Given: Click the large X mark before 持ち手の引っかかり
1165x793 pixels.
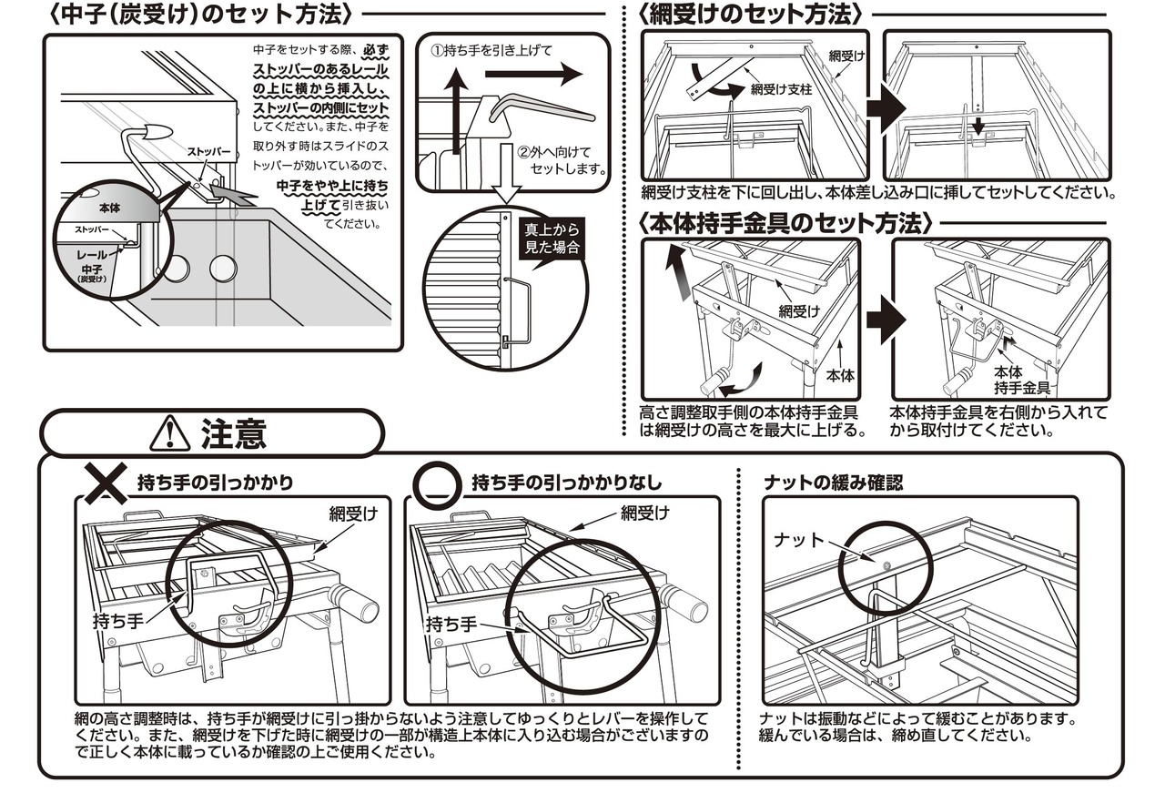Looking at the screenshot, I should [106, 483].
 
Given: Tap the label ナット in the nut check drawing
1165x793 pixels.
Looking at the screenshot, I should [798, 540].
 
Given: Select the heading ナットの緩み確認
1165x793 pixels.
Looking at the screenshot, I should [833, 483].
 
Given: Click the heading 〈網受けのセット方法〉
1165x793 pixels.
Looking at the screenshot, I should [751, 14].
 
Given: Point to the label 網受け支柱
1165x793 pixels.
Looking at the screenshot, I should [781, 90].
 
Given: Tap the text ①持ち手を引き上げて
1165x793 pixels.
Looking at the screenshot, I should [491, 50].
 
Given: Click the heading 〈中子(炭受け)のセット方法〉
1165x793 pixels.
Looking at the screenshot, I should [199, 14].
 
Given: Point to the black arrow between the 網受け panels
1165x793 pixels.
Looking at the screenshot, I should [885, 107].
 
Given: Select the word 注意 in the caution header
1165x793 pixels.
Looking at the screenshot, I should [233, 434].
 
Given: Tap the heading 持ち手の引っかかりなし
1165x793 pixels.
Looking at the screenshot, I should [566, 483].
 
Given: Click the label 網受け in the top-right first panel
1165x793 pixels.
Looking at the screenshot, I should [847, 56].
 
